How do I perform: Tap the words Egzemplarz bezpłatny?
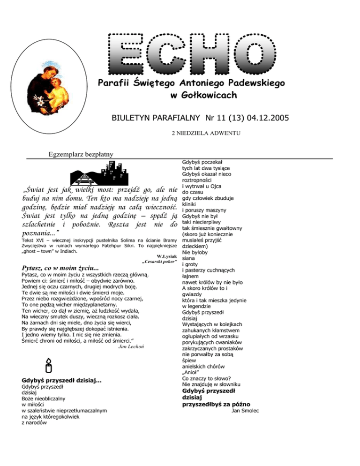click(x=82, y=153)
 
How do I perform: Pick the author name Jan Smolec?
click(x=244, y=411)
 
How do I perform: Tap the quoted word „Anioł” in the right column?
click(x=190, y=373)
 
